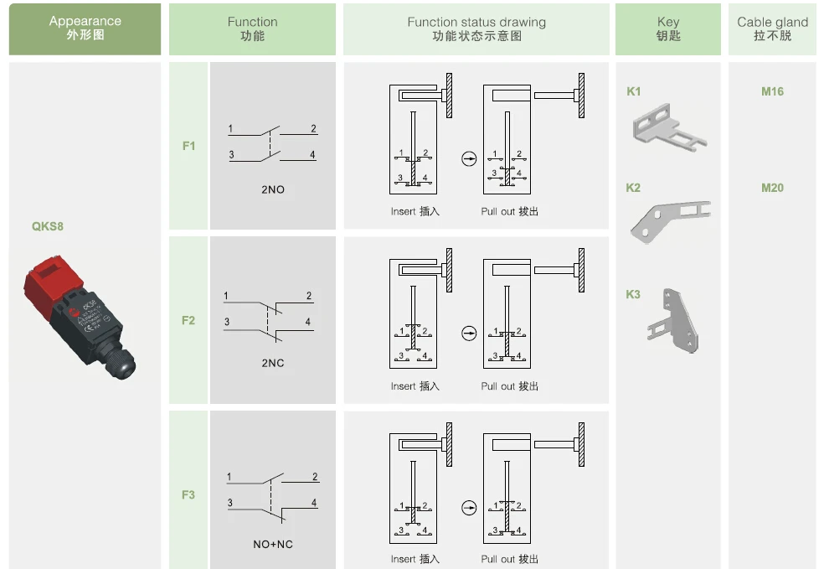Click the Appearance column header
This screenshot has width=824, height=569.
85,28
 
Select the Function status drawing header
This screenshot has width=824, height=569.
476,28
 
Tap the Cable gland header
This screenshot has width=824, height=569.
772,28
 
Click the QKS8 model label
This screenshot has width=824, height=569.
48,226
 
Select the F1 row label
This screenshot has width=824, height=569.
188,146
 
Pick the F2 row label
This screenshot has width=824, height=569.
188,320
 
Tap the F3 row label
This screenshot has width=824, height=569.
188,494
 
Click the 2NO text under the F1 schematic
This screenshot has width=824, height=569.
273,189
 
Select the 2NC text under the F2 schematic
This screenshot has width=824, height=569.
273,364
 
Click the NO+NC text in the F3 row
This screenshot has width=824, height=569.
273,545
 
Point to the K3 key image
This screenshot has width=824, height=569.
674,323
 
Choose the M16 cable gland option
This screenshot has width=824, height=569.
772,91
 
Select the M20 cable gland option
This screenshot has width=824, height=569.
772,188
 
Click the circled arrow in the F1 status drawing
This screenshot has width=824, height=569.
469,158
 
